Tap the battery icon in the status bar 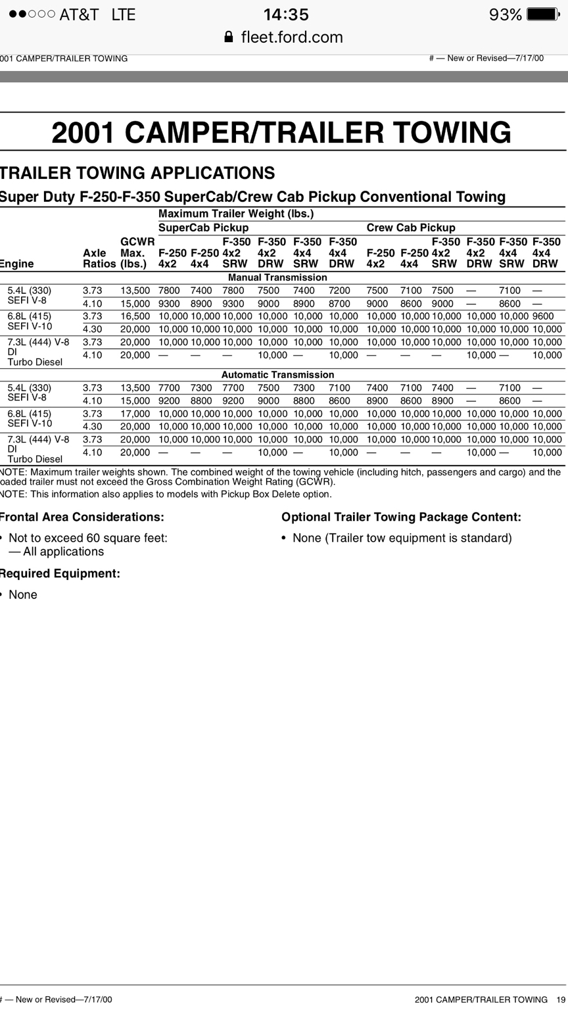[543, 14]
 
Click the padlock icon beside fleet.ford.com [229, 37]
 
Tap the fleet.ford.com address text [292, 37]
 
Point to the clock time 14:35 [286, 14]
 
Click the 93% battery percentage [506, 14]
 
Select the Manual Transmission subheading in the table [277, 277]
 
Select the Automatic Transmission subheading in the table [277, 375]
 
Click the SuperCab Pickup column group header [204, 228]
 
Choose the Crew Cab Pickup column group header [411, 228]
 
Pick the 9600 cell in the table [543, 316]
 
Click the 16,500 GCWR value [135, 316]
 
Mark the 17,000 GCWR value [135, 414]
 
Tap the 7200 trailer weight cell [339, 291]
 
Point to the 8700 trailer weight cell [339, 304]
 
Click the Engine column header [17, 264]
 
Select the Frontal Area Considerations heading [82, 517]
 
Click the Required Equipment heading [60, 573]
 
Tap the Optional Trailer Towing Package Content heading [401, 517]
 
